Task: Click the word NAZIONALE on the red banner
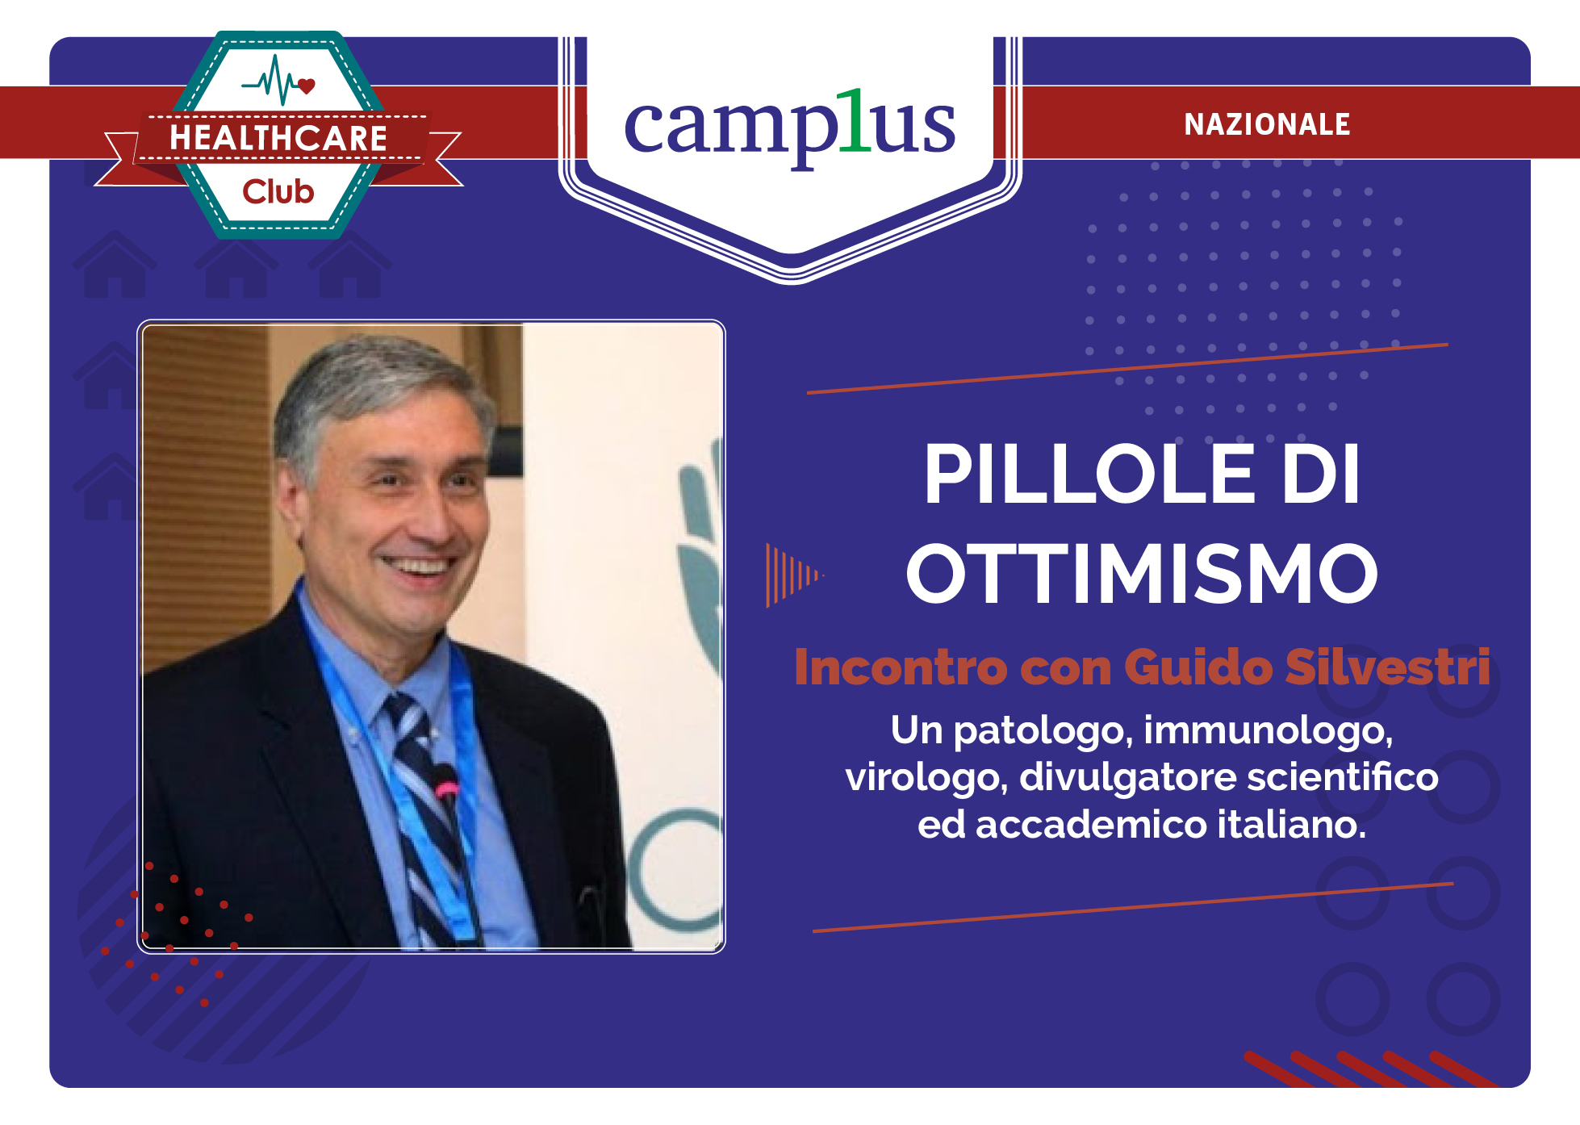1266,124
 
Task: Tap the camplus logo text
789,126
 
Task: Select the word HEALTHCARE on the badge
278,138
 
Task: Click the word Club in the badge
278,192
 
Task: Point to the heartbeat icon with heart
279,82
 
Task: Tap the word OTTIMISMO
1141,574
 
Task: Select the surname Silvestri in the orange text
1387,667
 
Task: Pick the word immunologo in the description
1268,731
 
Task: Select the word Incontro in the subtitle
900,667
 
